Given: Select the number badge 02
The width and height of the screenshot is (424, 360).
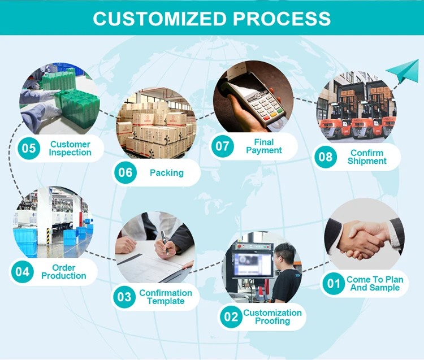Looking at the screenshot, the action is click(231, 316).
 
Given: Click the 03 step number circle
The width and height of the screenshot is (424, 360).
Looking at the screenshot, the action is click(125, 296).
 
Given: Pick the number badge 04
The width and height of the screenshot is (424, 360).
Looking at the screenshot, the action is click(22, 272).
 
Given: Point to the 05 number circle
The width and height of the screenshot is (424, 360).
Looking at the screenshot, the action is click(28, 149).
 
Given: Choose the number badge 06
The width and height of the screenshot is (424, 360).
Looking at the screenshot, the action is click(125, 172).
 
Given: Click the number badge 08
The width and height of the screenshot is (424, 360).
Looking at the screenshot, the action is click(326, 157).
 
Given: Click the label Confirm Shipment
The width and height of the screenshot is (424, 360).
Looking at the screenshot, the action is click(367, 157).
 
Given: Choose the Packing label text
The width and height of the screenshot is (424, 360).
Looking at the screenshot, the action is click(166, 173).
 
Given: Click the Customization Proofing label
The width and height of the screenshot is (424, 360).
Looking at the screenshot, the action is click(272, 317).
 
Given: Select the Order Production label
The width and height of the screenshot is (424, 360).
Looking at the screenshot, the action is click(63, 272).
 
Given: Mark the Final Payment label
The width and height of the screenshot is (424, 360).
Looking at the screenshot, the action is click(263, 146).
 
